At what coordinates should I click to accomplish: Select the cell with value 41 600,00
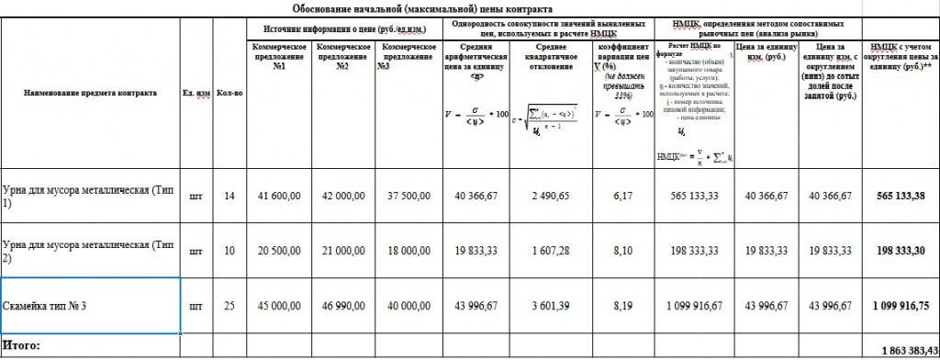(279, 197)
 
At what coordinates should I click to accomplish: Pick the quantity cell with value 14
(229, 197)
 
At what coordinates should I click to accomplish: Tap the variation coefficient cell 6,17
(623, 197)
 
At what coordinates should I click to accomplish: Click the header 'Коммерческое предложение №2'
(343, 56)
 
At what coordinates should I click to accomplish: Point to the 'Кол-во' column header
(229, 93)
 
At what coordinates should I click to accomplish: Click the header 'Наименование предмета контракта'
(91, 93)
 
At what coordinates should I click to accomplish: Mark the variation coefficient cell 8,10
(623, 249)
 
